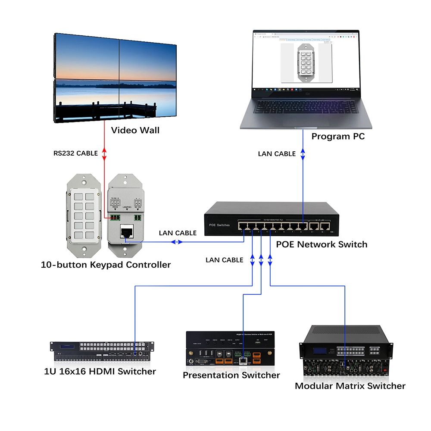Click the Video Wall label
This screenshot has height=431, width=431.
click(135, 130)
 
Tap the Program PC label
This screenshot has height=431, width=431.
click(338, 136)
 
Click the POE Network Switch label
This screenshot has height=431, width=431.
click(322, 244)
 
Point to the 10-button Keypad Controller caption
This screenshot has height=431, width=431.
click(106, 265)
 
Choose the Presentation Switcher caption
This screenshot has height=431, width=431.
click(231, 375)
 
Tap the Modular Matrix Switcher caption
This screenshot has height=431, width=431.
click(350, 386)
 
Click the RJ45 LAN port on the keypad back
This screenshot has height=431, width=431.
click(127, 233)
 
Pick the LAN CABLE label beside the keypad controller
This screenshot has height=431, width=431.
click(178, 233)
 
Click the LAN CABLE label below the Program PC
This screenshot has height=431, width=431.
click(277, 153)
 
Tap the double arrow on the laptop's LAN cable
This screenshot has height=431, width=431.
click(303, 153)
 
